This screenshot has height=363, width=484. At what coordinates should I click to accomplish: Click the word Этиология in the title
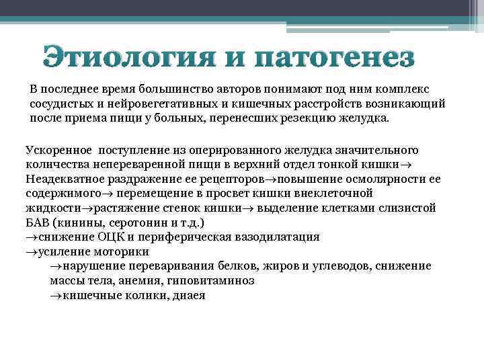click(x=131, y=57)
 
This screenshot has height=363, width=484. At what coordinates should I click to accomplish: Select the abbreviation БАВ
click(x=38, y=223)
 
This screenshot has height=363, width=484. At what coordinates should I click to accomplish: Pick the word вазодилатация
click(x=277, y=237)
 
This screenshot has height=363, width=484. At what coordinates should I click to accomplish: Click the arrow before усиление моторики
click(x=32, y=252)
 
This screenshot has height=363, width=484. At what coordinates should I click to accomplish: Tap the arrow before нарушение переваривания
click(x=55, y=267)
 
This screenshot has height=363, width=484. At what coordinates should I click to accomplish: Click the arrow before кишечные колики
click(x=55, y=296)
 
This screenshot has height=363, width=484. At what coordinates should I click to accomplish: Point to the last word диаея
click(x=189, y=296)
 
